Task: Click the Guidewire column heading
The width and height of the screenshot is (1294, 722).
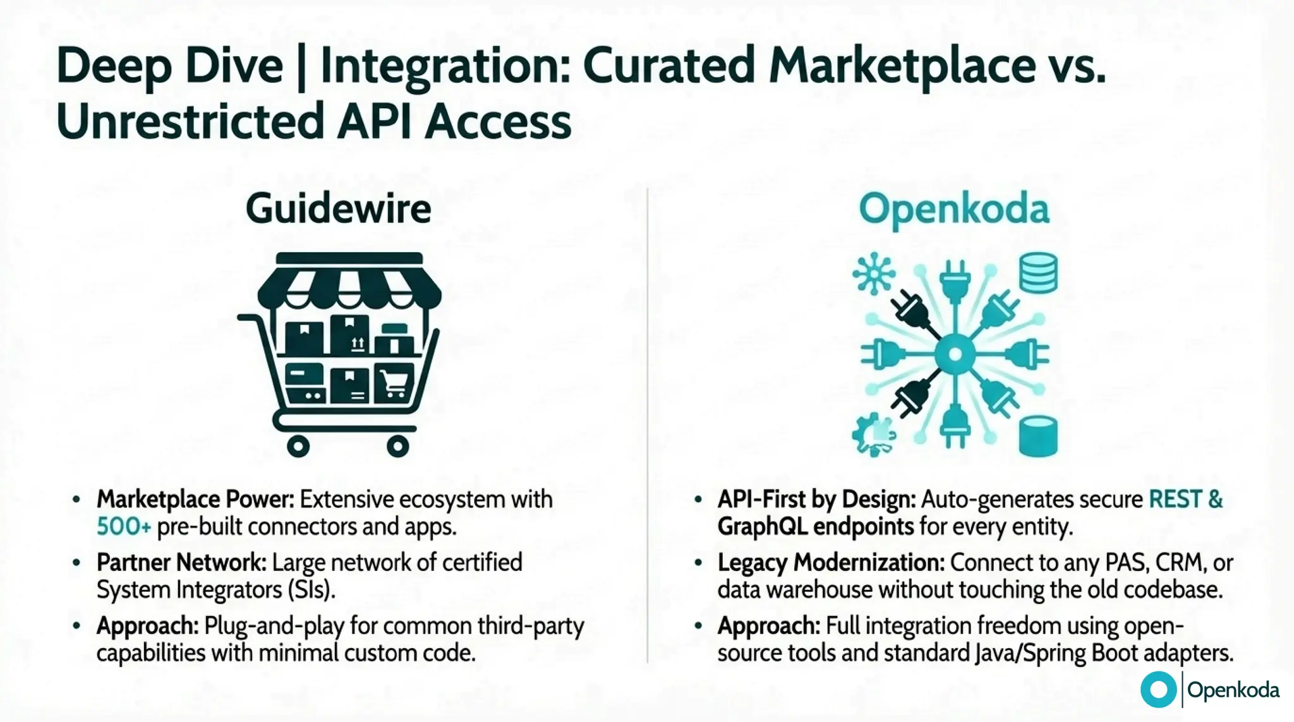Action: pyautogui.click(x=338, y=209)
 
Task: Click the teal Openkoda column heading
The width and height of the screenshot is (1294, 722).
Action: pyautogui.click(x=953, y=209)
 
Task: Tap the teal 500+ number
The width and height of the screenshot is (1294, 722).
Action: pyautogui.click(x=123, y=526)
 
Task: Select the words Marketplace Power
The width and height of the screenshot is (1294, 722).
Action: pyautogui.click(x=195, y=499)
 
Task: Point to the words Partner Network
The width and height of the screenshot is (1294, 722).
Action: pyautogui.click(x=181, y=562)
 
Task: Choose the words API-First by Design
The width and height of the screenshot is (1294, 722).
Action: pyautogui.click(x=816, y=499)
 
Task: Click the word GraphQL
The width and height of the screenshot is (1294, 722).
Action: pyautogui.click(x=762, y=526)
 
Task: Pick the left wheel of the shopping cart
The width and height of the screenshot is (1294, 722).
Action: pyautogui.click(x=298, y=446)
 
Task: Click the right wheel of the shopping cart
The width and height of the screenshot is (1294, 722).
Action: pyautogui.click(x=397, y=446)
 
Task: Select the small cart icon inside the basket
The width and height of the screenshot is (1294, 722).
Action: pyautogui.click(x=394, y=383)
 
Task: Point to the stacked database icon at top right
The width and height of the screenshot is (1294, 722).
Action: pyautogui.click(x=1038, y=273)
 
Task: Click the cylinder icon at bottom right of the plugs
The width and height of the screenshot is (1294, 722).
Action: pyautogui.click(x=1037, y=436)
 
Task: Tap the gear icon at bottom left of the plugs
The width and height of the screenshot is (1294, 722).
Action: pyautogui.click(x=873, y=435)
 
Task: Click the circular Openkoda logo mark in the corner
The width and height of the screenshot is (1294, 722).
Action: pyautogui.click(x=1158, y=689)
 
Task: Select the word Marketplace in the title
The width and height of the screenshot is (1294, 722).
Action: pyautogui.click(x=902, y=66)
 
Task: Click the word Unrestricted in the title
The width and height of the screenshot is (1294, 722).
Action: pyautogui.click(x=190, y=121)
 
